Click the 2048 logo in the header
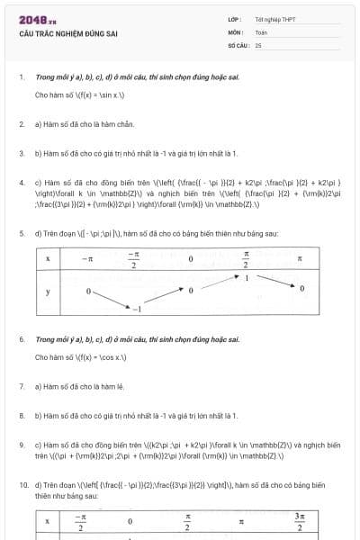37,20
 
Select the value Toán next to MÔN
261,31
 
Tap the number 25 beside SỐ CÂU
258,44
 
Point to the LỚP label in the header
233,19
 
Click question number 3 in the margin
21,153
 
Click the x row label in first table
47,258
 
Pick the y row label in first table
47,293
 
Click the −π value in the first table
86,258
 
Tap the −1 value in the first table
137,309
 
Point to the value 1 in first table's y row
247,278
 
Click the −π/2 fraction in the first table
134,258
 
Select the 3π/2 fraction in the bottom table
300,522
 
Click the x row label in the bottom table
47,522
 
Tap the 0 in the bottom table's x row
130,522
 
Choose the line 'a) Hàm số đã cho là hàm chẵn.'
82,122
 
